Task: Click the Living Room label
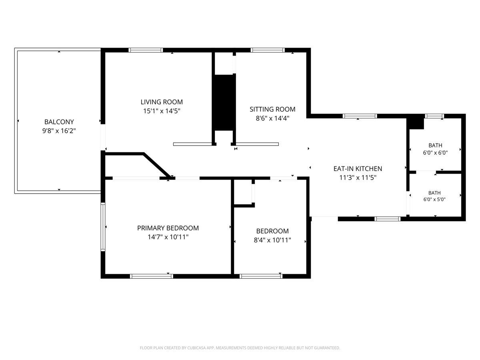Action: point(162,102)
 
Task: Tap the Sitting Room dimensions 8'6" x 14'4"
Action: point(272,118)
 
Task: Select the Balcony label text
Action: point(59,122)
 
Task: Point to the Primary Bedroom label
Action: point(168,228)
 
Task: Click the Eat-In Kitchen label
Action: point(358,168)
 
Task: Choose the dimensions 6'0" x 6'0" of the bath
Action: point(435,153)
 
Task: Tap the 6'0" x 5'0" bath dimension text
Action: point(434,199)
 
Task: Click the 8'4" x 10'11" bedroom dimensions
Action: point(272,240)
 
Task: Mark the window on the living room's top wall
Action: point(146,50)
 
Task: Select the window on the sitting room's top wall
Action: point(268,50)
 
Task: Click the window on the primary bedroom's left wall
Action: point(103,227)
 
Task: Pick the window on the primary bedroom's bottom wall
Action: point(152,276)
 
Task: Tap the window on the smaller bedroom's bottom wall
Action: point(261,276)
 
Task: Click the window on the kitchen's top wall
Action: point(360,116)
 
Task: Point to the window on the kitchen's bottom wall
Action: point(388,219)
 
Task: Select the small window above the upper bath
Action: point(434,116)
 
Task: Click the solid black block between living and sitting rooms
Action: point(224,102)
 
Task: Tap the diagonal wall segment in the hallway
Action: point(157,166)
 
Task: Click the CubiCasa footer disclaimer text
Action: point(240,348)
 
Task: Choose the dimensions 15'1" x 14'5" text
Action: point(162,111)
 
